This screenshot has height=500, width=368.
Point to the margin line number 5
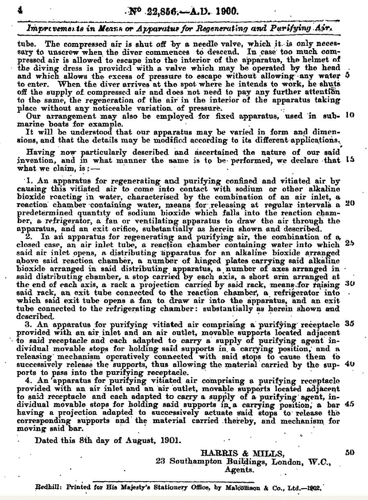point(347,75)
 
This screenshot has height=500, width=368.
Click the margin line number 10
point(349,115)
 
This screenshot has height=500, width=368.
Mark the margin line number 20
point(349,203)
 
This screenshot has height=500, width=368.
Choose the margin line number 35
point(349,323)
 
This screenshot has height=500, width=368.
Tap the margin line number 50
point(349,453)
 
